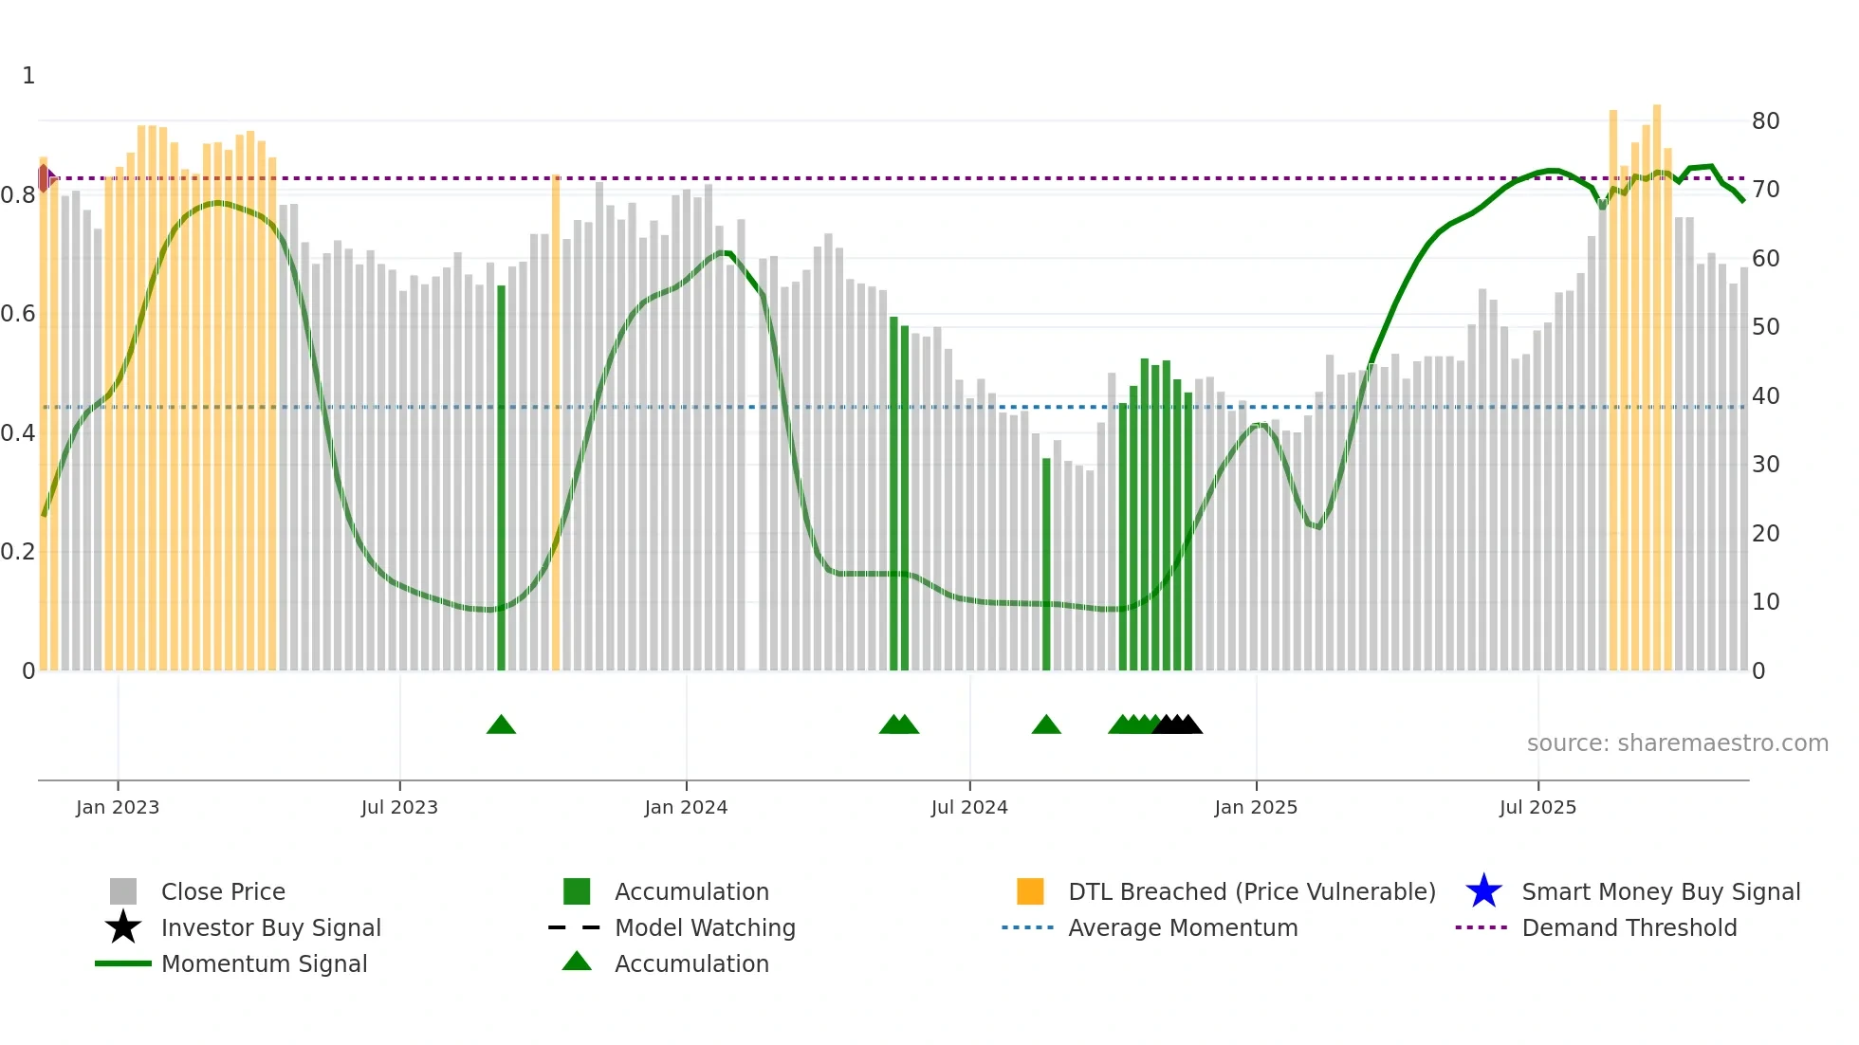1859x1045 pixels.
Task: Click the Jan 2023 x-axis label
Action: [x=118, y=807]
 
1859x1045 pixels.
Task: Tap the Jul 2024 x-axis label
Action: [x=968, y=807]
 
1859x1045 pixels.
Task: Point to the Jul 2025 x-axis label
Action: [x=1537, y=807]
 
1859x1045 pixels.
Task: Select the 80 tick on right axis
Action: [x=1765, y=121]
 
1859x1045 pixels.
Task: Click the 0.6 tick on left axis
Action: [x=18, y=314]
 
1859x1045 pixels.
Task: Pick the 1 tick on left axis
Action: [x=28, y=76]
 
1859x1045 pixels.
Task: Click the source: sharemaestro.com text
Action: [x=1677, y=743]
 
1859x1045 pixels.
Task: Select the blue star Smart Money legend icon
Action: [x=1483, y=891]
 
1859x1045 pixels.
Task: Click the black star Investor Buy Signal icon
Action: [x=123, y=927]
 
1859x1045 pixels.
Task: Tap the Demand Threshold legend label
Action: [x=1629, y=927]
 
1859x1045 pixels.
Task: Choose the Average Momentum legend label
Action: [x=1182, y=927]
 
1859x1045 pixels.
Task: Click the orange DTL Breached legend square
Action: [x=1030, y=891]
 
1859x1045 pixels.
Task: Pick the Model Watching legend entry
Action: [x=704, y=927]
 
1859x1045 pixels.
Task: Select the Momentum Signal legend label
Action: [x=264, y=963]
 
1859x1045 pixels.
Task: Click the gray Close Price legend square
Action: [x=123, y=891]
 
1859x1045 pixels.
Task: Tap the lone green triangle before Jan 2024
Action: [x=501, y=725]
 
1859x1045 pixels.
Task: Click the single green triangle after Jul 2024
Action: [x=1046, y=725]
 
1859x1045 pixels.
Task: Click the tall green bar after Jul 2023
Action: [x=501, y=474]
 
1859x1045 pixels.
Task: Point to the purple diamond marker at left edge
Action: [x=45, y=177]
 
